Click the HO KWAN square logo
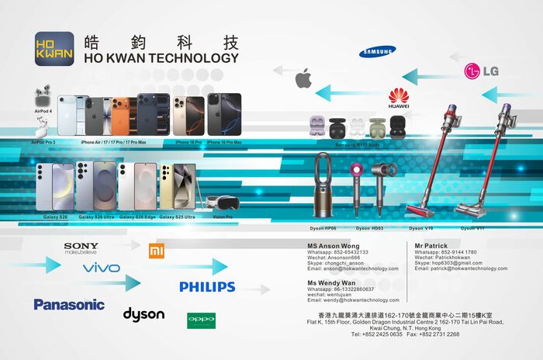click(x=55, y=49)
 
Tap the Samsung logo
click(x=378, y=51)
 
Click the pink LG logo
click(x=481, y=71)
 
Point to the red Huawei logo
click(x=399, y=98)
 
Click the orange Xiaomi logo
click(x=157, y=250)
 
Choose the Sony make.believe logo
click(x=81, y=248)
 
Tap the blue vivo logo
click(x=102, y=268)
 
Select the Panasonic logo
click(x=69, y=304)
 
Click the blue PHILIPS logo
click(x=207, y=287)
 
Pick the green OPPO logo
click(x=201, y=319)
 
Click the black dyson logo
click(x=144, y=313)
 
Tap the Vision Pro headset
click(x=223, y=203)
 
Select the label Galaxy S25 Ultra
click(x=177, y=217)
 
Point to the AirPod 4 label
click(x=43, y=112)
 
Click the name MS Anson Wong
click(x=334, y=246)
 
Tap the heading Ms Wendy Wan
click(x=331, y=282)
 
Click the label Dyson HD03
click(x=370, y=229)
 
